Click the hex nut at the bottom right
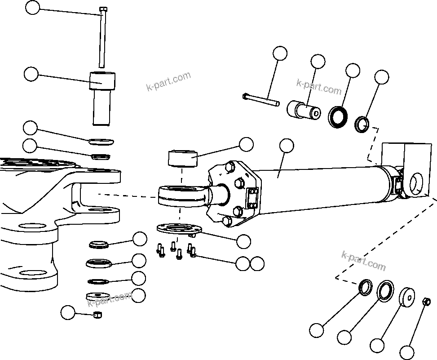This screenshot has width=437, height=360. (427, 301)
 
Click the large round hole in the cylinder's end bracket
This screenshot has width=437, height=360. (417, 182)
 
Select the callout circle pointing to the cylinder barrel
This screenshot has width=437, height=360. (286, 146)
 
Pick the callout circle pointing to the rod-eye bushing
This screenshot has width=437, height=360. (246, 144)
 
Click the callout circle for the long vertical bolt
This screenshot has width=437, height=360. (32, 8)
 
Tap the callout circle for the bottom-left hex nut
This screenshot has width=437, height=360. (68, 312)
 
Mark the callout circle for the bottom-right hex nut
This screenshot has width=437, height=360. (406, 352)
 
